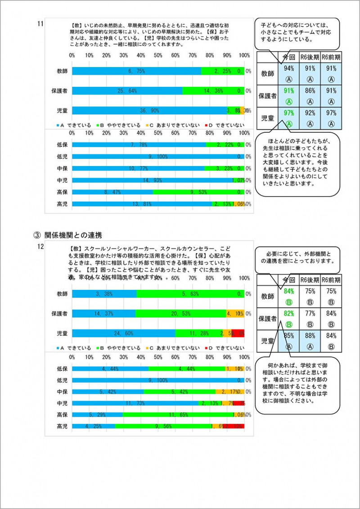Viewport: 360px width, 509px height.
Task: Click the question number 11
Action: pyautogui.click(x=40, y=23)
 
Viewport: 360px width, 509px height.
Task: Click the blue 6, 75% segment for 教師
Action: pyautogui.click(x=136, y=71)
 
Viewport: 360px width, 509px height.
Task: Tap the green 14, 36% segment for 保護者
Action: pyautogui.click(x=213, y=91)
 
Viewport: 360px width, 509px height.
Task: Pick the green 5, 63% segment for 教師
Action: pyautogui.click(x=190, y=294)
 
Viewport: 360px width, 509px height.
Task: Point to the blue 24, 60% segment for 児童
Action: pyautogui.click(x=123, y=333)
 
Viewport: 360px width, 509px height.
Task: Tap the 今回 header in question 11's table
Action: pyautogui.click(x=288, y=57)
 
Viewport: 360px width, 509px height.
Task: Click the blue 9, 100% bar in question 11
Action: pyautogui.click(x=157, y=156)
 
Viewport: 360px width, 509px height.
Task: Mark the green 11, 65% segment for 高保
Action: pyautogui.click(x=177, y=414)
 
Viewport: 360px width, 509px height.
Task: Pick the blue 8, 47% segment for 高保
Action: pyautogui.click(x=112, y=192)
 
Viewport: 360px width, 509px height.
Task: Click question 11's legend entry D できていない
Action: pyautogui.click(x=225, y=125)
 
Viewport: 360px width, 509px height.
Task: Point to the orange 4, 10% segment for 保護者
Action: pyautogui.click(x=235, y=314)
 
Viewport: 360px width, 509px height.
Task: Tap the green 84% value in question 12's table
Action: pyautogui.click(x=288, y=291)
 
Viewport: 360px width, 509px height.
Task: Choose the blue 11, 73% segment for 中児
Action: pyautogui.click(x=135, y=403)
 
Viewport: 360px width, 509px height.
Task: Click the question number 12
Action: pyautogui.click(x=40, y=246)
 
